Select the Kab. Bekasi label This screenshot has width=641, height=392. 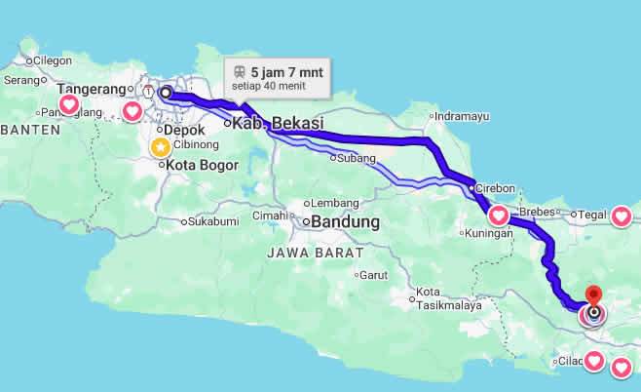pos(277,124)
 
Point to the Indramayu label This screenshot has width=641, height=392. pos(461,116)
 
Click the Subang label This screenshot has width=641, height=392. pos(356,158)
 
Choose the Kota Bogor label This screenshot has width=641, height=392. pos(202,165)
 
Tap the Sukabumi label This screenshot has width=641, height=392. pos(212,221)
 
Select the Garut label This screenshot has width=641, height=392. pos(374,275)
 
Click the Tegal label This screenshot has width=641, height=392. pos(591,215)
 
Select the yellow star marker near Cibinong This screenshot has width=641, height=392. pos(160,147)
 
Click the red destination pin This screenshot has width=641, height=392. pos(593,295)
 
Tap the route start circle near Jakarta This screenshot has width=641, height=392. pos(165,93)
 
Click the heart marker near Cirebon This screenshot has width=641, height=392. pos(498,215)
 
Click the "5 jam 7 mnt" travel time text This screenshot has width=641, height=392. pos(287,71)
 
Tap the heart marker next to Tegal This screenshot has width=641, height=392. pos(622,216)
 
